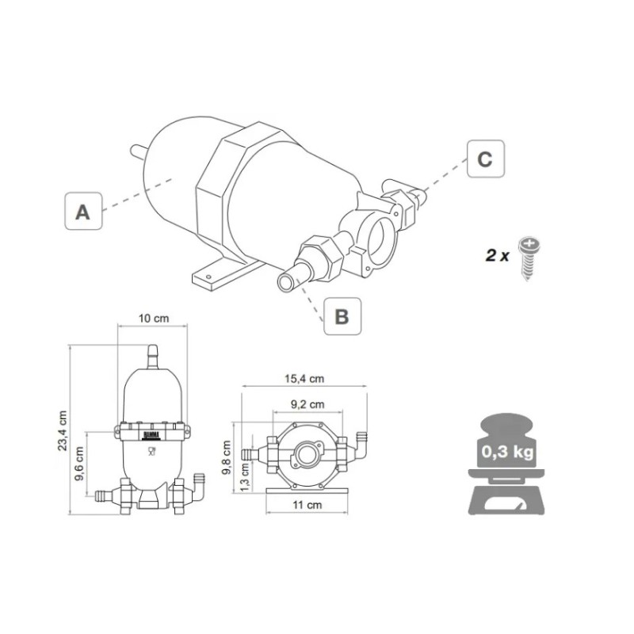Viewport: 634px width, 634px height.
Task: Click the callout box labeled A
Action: tap(82, 212)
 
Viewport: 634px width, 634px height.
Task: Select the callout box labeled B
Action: tap(342, 316)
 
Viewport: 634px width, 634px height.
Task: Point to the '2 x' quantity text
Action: tap(497, 255)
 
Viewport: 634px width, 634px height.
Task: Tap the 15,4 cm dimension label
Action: tap(306, 380)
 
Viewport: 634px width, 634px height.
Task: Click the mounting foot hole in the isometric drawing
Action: tap(210, 274)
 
